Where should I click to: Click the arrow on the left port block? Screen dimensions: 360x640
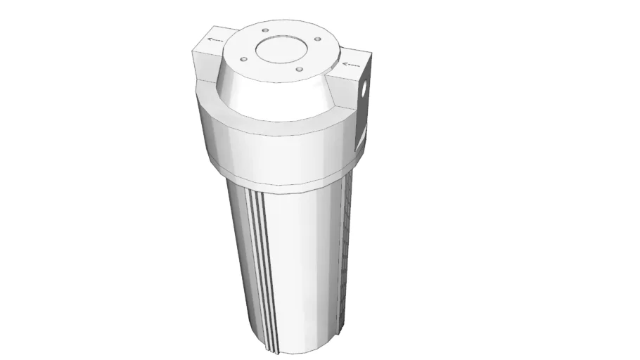[x=214, y=40]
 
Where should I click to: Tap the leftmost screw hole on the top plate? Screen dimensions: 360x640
[x=241, y=59]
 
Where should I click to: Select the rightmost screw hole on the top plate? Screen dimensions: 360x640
[x=318, y=39]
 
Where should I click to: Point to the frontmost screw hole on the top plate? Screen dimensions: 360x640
[x=300, y=69]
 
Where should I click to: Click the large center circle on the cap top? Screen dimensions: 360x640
[x=279, y=49]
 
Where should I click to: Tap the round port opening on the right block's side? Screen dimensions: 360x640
[x=364, y=90]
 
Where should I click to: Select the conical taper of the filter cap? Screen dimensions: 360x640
[x=274, y=95]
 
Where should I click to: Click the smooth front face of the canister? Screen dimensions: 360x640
[x=302, y=267]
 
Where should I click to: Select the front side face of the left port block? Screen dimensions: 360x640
[x=204, y=67]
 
